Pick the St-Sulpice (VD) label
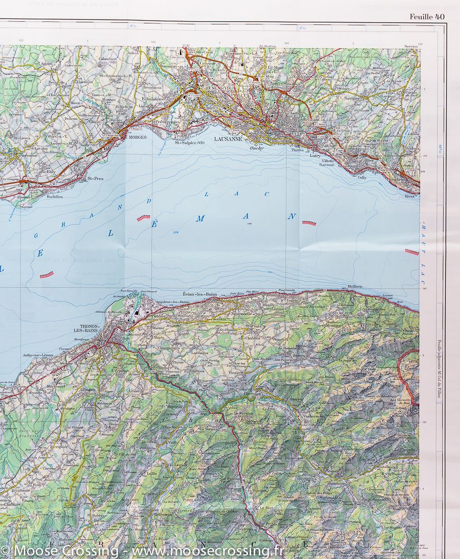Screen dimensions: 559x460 click(190, 143)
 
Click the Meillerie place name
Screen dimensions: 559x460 click(355, 287)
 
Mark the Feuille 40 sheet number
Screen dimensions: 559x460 click(427, 17)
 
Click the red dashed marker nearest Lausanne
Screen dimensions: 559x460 click(309, 223)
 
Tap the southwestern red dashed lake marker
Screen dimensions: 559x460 click(46, 275)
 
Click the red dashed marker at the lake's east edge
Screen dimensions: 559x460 click(412, 251)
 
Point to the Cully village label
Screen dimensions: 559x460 click(361, 178)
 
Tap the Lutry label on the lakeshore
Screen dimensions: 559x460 click(316, 156)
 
